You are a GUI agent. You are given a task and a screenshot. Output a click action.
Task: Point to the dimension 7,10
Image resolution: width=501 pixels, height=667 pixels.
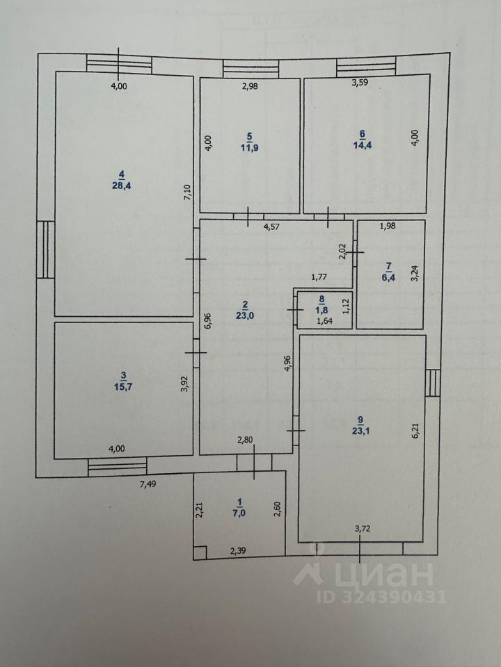coord(187,192)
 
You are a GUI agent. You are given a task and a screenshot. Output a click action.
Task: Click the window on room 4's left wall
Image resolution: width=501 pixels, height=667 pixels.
coord(45,249)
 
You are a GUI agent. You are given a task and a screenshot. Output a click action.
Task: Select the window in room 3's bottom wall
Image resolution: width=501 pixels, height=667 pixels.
coord(117,466)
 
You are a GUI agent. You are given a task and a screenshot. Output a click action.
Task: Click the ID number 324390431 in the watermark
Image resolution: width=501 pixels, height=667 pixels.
coord(382,596)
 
